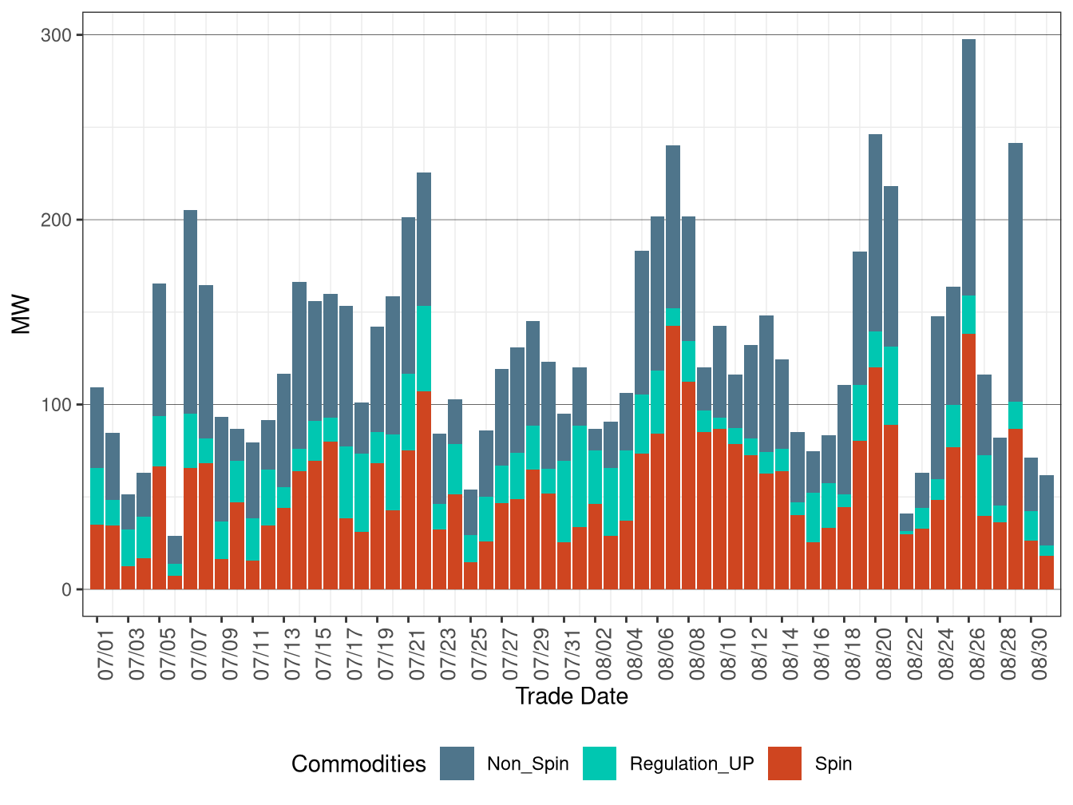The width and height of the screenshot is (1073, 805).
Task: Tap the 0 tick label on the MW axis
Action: pyautogui.click(x=66, y=589)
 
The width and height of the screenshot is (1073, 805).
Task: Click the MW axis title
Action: pyautogui.click(x=22, y=314)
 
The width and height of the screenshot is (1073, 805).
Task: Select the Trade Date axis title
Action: pyautogui.click(x=572, y=696)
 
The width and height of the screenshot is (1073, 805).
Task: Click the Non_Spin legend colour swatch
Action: pyautogui.click(x=457, y=763)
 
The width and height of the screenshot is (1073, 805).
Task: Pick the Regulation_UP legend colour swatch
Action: pyautogui.click(x=600, y=763)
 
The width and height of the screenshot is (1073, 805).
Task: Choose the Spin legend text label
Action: pyautogui.click(x=833, y=763)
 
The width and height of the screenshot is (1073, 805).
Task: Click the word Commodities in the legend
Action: pyautogui.click(x=358, y=763)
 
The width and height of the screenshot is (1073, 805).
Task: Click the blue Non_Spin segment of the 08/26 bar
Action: pyautogui.click(x=968, y=168)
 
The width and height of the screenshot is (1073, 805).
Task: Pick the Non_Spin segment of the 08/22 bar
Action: pyautogui.click(x=906, y=522)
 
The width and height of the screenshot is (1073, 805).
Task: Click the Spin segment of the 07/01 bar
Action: pyautogui.click(x=97, y=557)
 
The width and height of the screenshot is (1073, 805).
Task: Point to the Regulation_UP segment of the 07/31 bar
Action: pyautogui.click(x=564, y=502)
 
